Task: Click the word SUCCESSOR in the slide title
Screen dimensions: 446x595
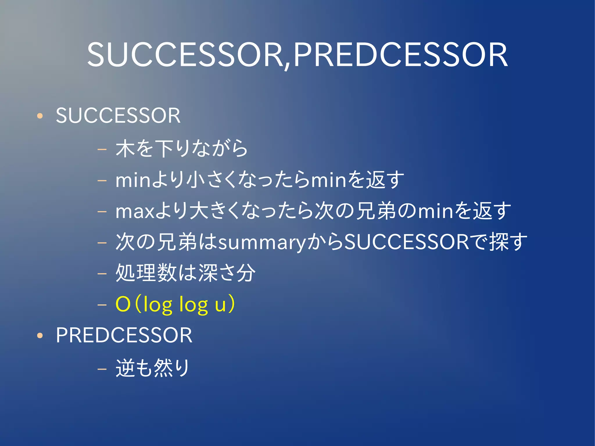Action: [185, 55]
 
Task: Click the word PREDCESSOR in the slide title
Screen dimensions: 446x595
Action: [401, 55]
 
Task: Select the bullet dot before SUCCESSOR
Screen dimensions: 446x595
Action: [40, 116]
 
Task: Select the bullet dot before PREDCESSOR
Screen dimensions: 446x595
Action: [40, 336]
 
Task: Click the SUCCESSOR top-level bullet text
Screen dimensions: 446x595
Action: [118, 116]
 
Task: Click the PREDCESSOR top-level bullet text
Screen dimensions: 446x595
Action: [124, 335]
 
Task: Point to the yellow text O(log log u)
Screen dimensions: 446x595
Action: [175, 304]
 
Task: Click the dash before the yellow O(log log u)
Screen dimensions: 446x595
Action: [102, 305]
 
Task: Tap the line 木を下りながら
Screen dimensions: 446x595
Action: [182, 148]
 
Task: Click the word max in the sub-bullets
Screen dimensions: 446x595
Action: [135, 211]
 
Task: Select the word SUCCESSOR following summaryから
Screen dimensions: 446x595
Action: [406, 242]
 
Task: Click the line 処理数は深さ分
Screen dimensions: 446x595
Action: [185, 273]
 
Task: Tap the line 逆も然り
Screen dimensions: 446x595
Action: [153, 368]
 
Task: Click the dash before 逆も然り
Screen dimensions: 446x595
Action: [102, 369]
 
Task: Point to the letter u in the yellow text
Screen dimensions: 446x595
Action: [220, 305]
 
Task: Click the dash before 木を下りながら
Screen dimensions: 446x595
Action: [102, 150]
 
